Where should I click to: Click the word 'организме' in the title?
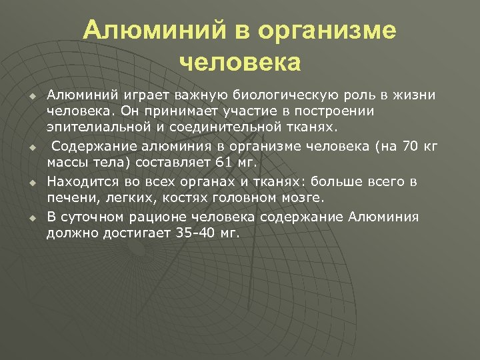pos(327,30)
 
